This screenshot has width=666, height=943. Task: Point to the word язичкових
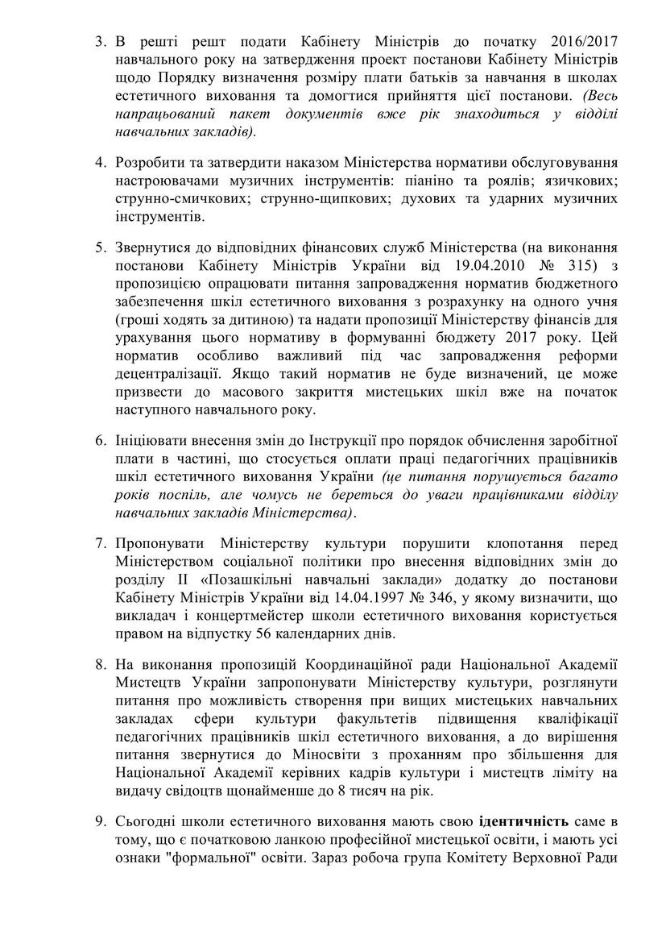click(x=583, y=182)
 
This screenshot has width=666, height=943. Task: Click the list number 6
click(x=100, y=442)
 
